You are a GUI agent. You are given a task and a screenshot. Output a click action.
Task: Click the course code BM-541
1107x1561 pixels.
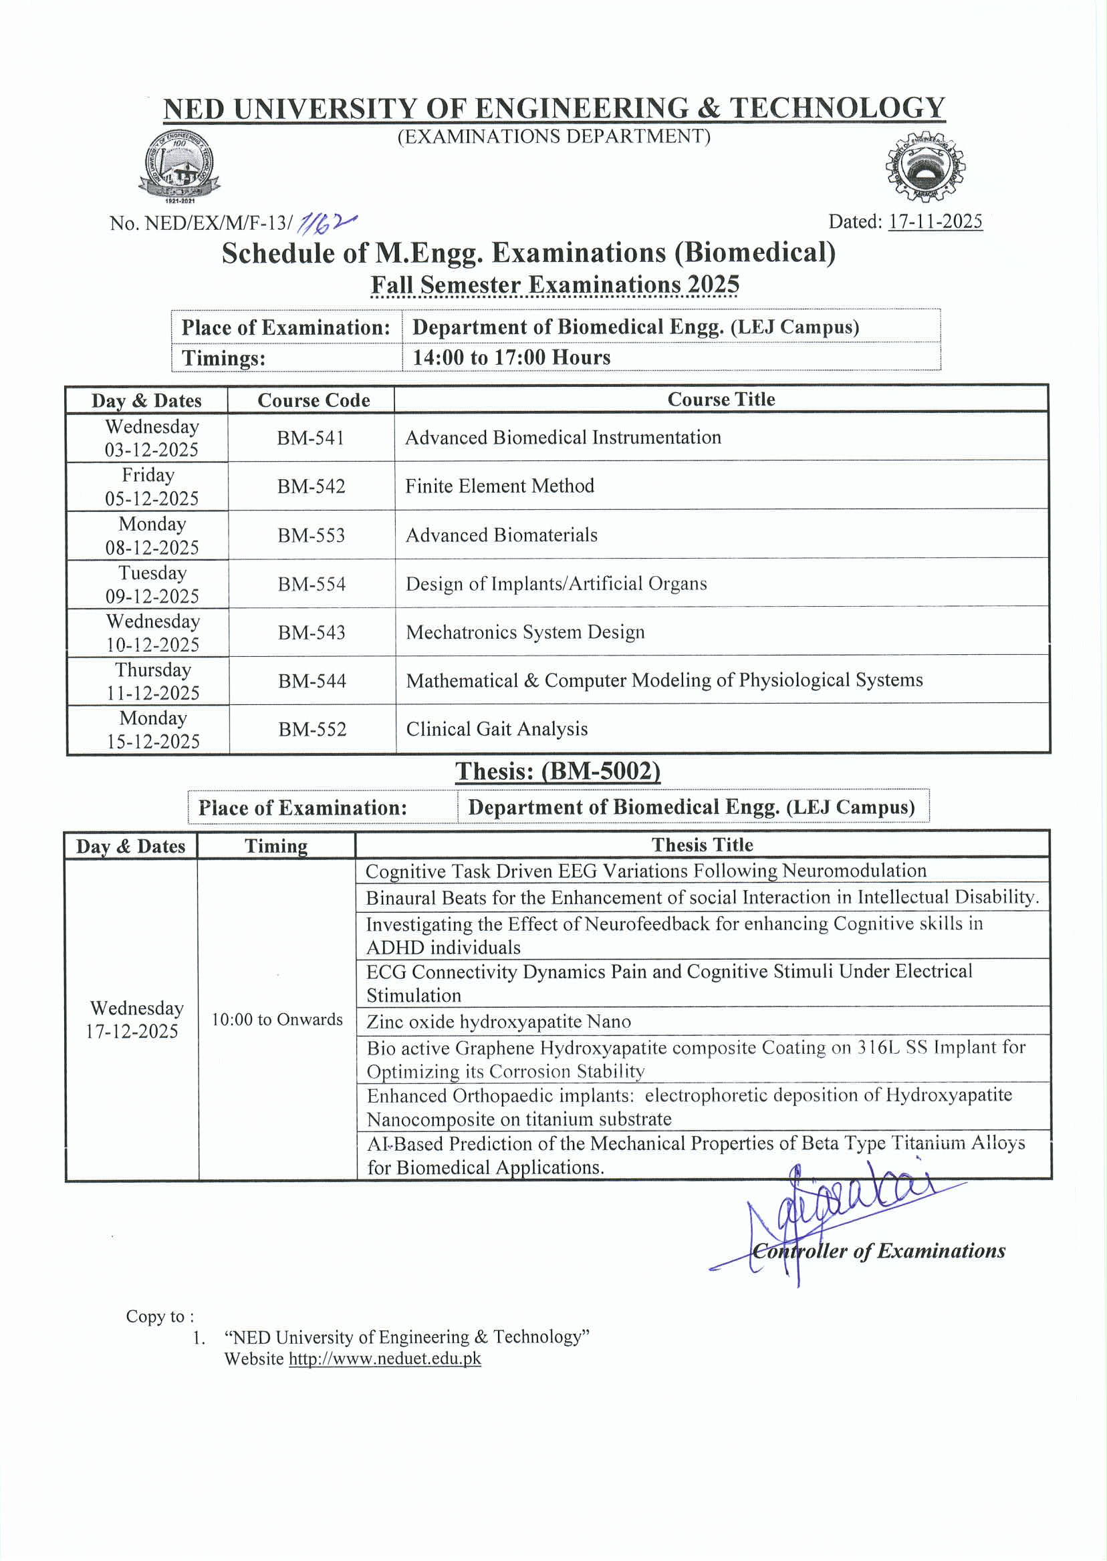(310, 438)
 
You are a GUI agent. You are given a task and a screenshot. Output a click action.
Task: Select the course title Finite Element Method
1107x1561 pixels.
(499, 486)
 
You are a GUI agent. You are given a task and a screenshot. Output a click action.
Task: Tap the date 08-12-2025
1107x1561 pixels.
(152, 547)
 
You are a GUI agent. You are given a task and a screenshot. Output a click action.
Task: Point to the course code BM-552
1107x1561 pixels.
(312, 729)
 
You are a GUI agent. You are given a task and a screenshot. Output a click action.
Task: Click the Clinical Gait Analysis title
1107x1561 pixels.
(496, 729)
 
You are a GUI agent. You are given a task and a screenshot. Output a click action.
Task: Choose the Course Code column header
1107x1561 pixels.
(314, 400)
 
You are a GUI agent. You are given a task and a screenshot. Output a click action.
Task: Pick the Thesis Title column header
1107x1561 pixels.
(702, 845)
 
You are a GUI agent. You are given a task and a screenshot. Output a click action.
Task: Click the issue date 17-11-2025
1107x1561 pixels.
(935, 221)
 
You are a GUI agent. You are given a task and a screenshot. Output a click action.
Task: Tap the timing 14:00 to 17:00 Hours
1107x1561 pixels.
(511, 357)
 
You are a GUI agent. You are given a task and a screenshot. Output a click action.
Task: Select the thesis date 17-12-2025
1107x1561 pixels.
(132, 1031)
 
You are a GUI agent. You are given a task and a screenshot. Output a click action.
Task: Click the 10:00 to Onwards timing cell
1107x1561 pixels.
(277, 1019)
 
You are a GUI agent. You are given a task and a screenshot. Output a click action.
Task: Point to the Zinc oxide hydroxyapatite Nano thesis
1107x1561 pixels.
(498, 1021)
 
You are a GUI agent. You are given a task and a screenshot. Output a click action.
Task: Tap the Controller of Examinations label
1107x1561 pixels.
(878, 1251)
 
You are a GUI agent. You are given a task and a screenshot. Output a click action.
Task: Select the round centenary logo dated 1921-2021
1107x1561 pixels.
(179, 166)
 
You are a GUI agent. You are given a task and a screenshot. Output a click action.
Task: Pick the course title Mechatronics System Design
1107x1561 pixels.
(525, 632)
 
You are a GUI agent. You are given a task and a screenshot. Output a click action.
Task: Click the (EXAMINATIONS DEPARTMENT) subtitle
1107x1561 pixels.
(553, 136)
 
